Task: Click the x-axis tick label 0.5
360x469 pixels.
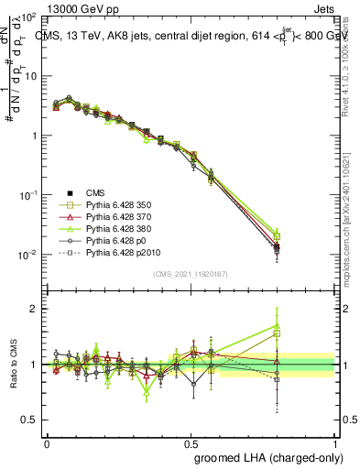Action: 191,442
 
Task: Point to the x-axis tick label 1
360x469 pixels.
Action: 334,442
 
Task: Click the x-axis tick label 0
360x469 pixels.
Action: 47,442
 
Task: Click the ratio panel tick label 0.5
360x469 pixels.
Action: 31,420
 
